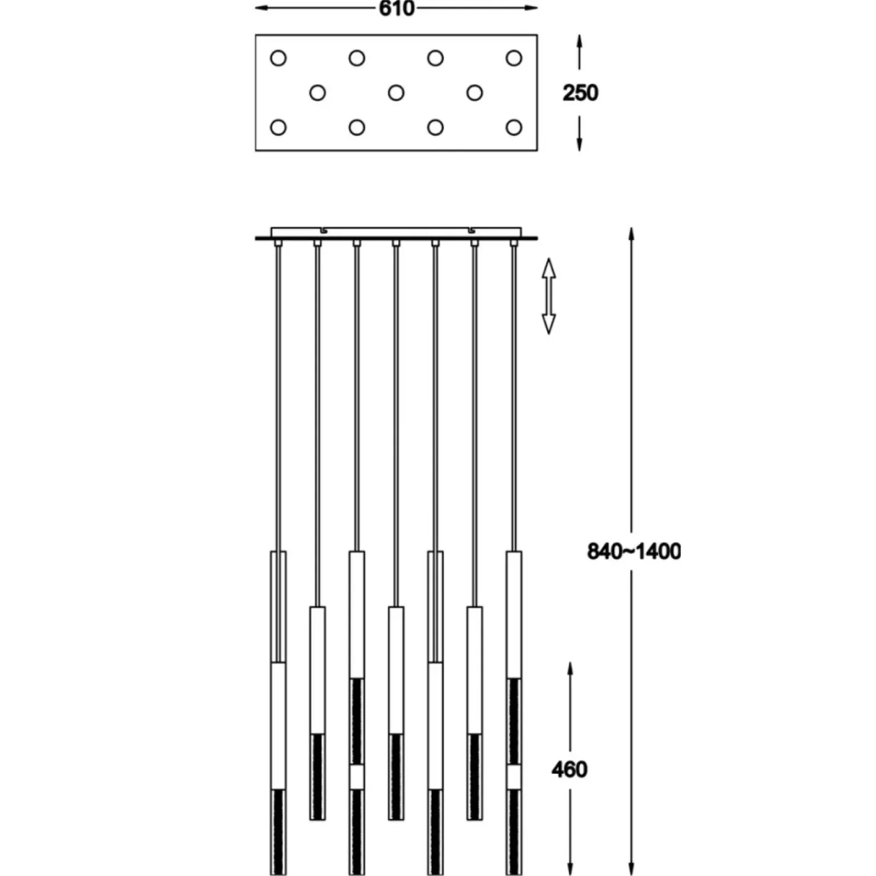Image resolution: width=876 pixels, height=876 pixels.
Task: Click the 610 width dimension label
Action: click(x=396, y=9)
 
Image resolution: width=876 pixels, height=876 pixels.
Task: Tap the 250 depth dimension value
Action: click(x=580, y=93)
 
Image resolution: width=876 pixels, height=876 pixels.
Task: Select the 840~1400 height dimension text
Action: click(x=633, y=551)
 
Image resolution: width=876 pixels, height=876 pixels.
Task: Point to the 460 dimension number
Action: click(x=569, y=770)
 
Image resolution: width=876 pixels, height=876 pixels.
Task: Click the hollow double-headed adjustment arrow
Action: click(x=548, y=296)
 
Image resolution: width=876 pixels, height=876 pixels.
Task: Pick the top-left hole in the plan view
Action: click(x=278, y=58)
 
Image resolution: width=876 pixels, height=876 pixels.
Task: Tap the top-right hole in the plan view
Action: click(x=514, y=58)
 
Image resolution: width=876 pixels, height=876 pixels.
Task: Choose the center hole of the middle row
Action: click(x=396, y=93)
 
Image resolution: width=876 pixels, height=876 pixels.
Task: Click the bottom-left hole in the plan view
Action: click(x=278, y=127)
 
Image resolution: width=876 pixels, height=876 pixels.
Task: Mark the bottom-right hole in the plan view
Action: click(x=514, y=127)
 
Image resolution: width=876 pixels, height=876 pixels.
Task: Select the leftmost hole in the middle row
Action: click(x=317, y=93)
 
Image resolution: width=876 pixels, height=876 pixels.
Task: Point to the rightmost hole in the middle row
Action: click(x=474, y=93)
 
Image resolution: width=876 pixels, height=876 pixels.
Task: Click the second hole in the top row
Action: click(x=357, y=58)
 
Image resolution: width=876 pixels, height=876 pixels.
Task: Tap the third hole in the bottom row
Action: click(x=435, y=127)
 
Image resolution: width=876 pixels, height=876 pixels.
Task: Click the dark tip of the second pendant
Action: click(x=317, y=776)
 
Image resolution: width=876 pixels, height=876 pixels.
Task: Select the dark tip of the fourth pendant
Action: click(x=396, y=776)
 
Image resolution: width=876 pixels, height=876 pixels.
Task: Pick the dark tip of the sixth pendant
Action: click(x=474, y=776)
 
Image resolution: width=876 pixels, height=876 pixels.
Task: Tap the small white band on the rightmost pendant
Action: click(x=514, y=777)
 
